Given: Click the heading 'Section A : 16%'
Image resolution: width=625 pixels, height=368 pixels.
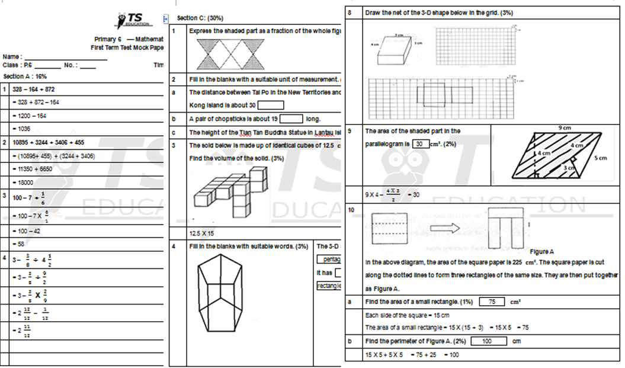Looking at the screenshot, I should point(25,76).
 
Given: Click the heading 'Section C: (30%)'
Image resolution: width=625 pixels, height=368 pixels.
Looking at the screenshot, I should point(200,18).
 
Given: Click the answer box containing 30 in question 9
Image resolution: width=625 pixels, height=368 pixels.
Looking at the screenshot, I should point(420,144).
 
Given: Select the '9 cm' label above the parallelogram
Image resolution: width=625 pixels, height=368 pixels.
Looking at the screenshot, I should point(565,128).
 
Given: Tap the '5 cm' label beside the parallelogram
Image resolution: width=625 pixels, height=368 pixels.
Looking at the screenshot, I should point(601,158).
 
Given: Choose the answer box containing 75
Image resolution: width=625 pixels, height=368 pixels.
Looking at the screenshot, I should point(492,302).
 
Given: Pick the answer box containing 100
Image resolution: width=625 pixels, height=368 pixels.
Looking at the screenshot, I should point(486,341).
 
